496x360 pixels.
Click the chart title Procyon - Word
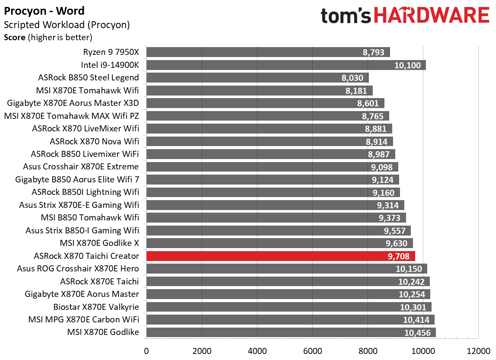tap(44, 11)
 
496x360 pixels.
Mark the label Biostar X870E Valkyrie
tap(96, 307)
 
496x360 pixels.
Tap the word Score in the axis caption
tap(15, 37)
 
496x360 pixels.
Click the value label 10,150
tap(409, 269)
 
